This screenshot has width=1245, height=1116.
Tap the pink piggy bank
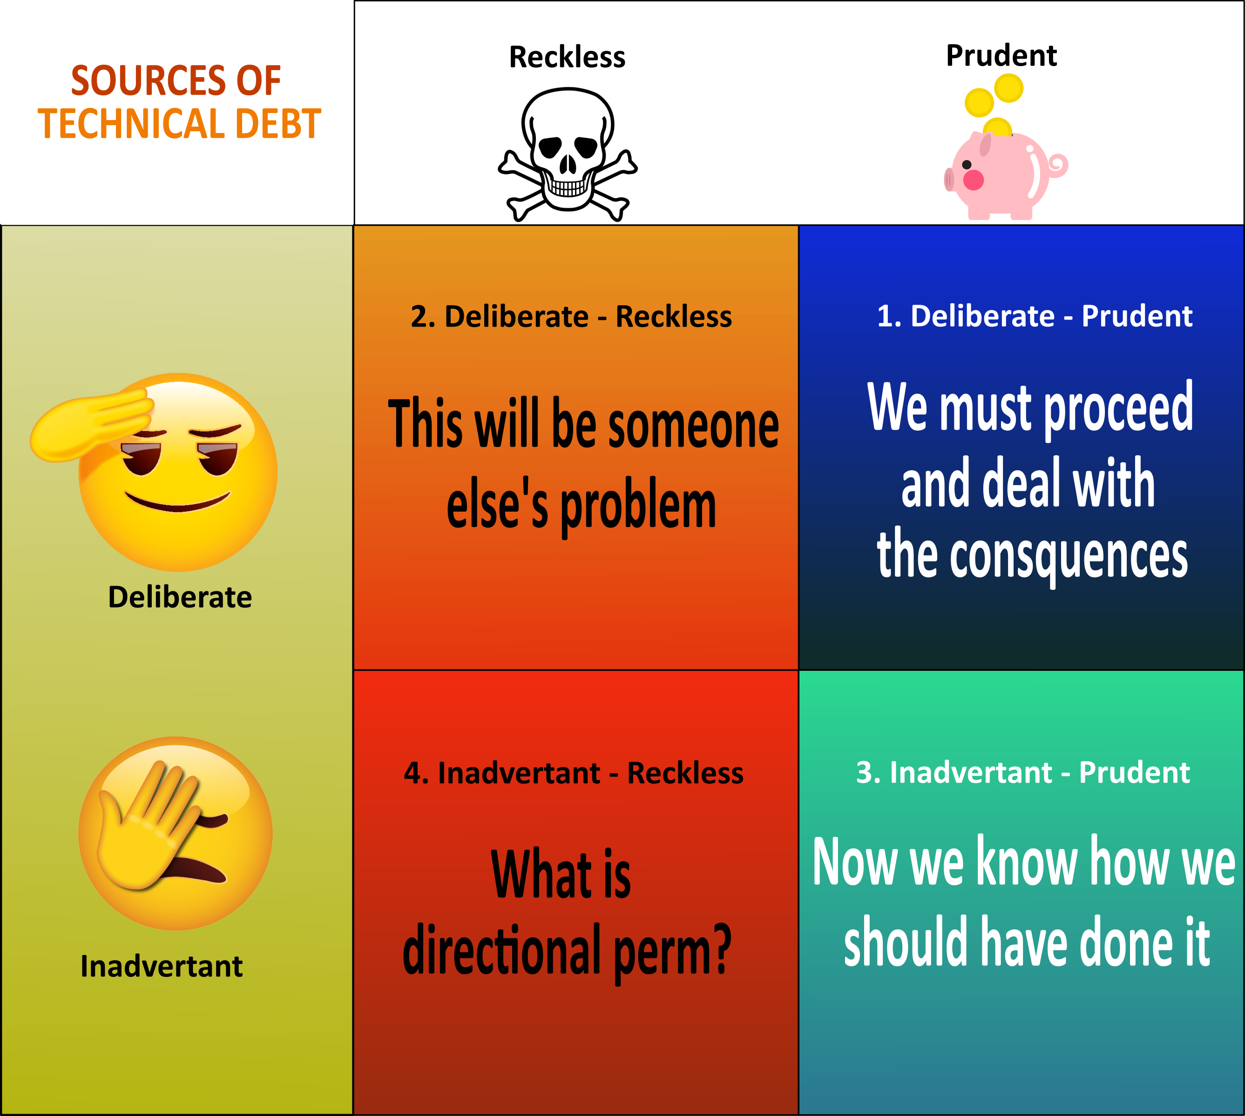tap(1006, 175)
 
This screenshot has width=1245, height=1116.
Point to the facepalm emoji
tap(176, 833)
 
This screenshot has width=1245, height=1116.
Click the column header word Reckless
tap(567, 57)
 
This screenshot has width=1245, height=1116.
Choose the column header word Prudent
tap(1001, 56)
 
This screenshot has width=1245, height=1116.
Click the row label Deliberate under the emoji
tap(180, 597)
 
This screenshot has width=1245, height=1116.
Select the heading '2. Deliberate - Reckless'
tap(571, 316)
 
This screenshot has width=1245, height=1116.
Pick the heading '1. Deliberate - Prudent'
tap(1035, 316)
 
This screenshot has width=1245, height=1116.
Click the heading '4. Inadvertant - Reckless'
tap(574, 773)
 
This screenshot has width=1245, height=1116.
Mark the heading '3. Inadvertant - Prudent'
tap(1023, 772)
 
